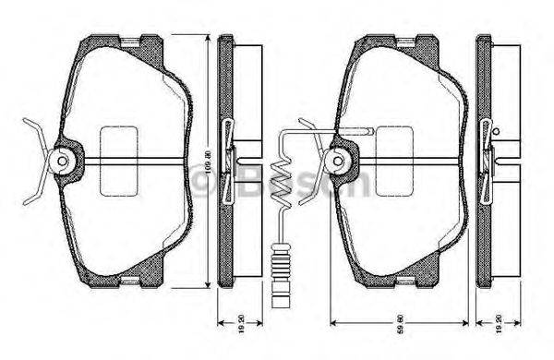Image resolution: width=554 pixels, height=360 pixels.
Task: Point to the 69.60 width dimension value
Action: [x=403, y=328]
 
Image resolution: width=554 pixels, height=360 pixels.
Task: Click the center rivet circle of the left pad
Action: [x=63, y=162]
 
